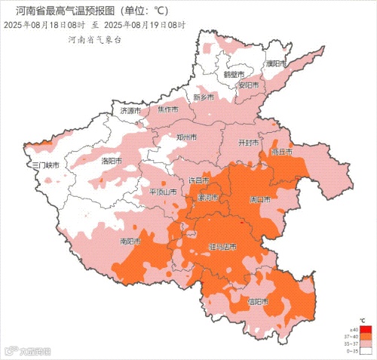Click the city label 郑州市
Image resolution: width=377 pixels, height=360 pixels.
tap(186, 138)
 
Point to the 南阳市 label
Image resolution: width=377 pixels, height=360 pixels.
tap(130, 242)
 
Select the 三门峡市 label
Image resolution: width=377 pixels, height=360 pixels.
tap(44, 165)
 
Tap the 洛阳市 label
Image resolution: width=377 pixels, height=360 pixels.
tap(112, 161)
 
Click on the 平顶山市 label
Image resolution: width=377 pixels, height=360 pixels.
tap(164, 192)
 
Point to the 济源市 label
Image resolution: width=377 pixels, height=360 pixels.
tap(130, 111)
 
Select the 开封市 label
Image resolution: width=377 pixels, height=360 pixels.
tap(249, 143)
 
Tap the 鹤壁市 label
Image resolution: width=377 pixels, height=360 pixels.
tap(234, 75)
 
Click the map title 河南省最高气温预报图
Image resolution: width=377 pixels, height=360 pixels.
tap(68, 11)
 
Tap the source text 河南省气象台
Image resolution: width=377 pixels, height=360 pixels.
tap(93, 38)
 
